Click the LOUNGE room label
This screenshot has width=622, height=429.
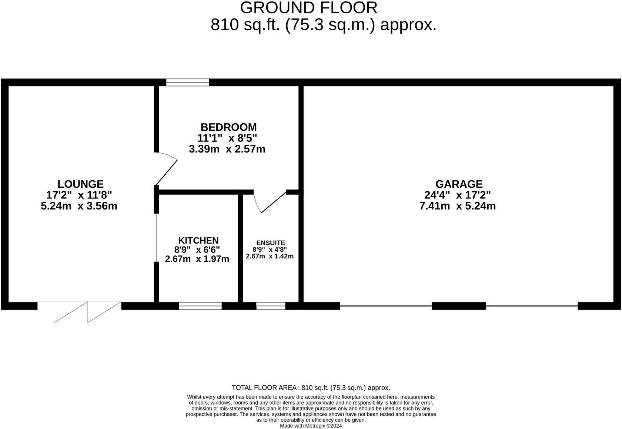point(80,184)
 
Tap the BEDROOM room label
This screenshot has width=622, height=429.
point(228,127)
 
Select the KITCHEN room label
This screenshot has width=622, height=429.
point(198,240)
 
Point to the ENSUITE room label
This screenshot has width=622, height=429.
point(271,243)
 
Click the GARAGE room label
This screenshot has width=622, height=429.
point(459,184)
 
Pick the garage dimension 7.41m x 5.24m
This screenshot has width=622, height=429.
point(457,206)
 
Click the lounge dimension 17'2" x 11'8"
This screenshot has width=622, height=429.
point(79,195)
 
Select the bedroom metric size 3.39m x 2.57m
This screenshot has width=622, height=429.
point(227,149)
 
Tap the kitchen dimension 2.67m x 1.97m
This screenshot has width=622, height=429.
point(197,259)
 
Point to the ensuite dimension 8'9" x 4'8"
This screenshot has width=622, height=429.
point(270,249)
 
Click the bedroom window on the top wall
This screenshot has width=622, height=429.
point(187,82)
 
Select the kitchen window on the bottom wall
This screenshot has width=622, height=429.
point(200,306)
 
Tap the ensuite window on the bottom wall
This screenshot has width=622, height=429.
point(271,306)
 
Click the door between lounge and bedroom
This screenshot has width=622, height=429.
point(166,169)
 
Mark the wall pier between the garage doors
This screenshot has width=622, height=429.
point(459,306)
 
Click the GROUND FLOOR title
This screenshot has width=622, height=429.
point(309,8)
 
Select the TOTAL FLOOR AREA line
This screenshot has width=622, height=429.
point(311,388)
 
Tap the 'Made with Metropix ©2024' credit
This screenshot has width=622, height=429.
point(311,426)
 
